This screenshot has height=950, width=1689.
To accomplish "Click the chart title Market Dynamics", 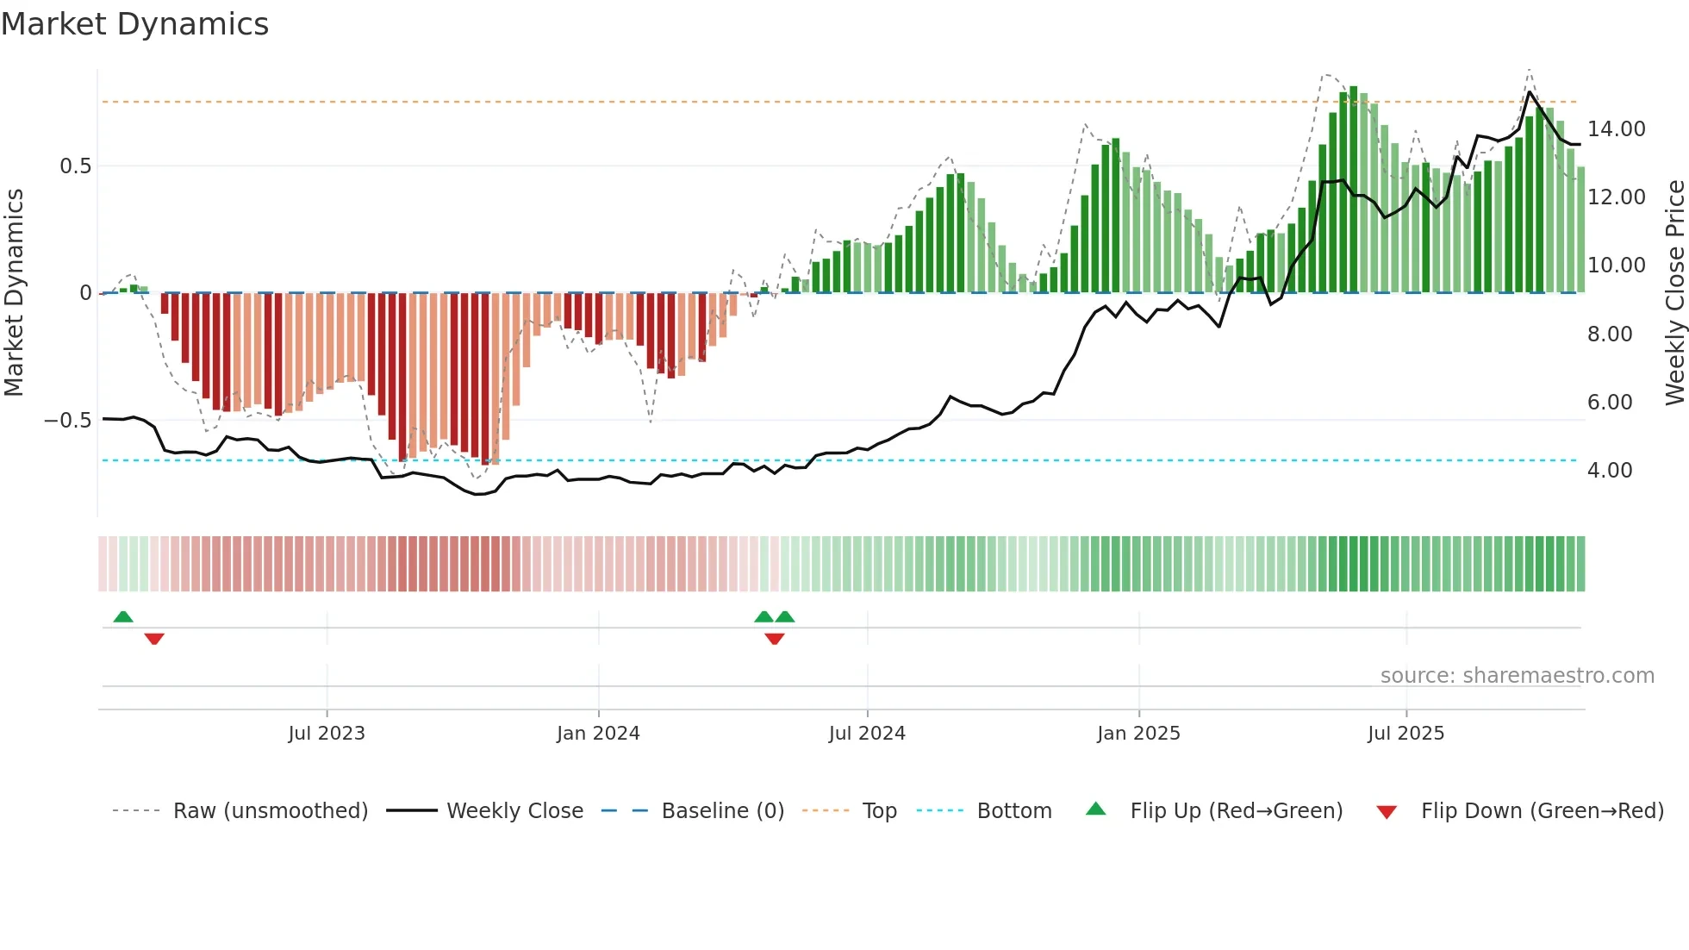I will click(135, 24).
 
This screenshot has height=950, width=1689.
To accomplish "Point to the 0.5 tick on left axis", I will click(75, 166).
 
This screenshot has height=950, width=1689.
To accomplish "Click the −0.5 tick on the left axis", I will click(68, 421).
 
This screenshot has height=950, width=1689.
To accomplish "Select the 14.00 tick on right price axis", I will click(1616, 129).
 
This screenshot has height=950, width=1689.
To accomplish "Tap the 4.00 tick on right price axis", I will click(1609, 471).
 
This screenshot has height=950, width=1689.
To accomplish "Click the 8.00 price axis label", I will click(1609, 334).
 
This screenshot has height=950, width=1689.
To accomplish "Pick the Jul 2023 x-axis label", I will click(327, 734).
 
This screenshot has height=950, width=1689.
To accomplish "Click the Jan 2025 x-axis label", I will click(1138, 734).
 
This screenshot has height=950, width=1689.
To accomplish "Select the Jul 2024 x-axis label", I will click(867, 734).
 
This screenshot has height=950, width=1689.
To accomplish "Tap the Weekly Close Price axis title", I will click(1674, 292).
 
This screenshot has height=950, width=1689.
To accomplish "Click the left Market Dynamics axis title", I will click(14, 292).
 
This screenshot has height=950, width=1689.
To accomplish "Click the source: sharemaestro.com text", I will click(1517, 676).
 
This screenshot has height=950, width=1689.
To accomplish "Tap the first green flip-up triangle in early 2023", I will click(123, 617).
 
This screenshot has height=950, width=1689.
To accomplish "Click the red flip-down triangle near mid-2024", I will click(775, 639).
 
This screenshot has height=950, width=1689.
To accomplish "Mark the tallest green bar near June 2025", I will click(1354, 190).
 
